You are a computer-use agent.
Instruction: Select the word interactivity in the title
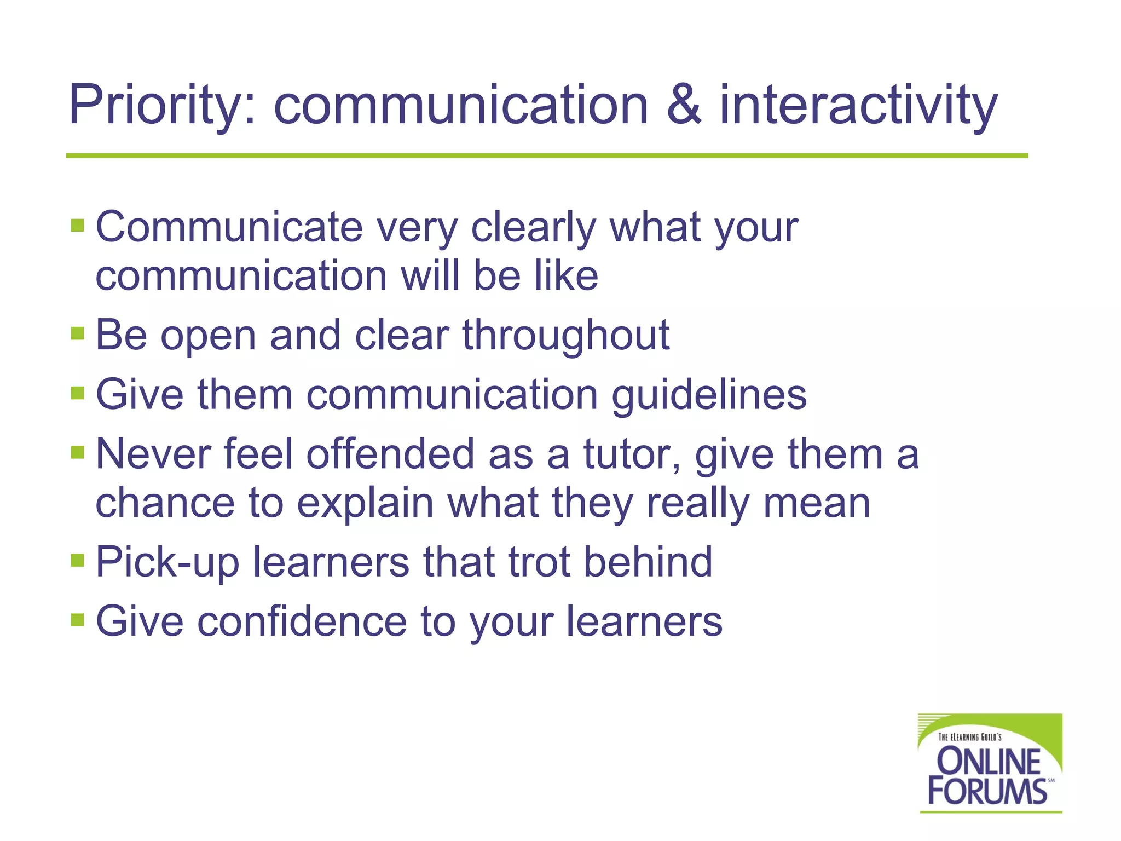pos(858,105)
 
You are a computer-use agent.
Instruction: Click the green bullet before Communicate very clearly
pos(78,226)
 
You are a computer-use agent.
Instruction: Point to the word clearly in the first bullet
pos(533,228)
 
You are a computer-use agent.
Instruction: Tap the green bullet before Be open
pos(78,333)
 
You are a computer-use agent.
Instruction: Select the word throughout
pos(566,335)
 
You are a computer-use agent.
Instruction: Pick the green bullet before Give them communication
pos(78,393)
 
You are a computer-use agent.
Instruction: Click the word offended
pos(390,454)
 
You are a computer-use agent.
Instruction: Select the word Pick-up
pos(167,562)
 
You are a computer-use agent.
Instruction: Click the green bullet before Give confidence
pos(78,620)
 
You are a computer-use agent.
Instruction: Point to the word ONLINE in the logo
pos(989,761)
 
